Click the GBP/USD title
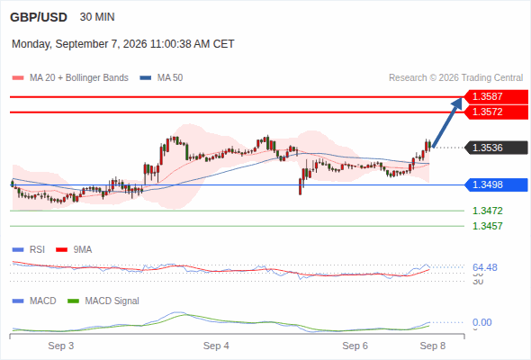(39, 17)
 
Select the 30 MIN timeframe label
(97, 17)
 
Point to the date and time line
(123, 44)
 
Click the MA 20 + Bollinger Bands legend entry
(70, 78)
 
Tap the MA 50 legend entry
(161, 78)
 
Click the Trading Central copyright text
(455, 78)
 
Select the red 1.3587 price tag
(496, 96)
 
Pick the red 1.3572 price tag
(496, 112)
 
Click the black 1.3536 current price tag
(496, 148)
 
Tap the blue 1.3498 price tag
(496, 184)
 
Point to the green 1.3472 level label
(488, 211)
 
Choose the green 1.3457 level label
(488, 226)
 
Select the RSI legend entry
(29, 250)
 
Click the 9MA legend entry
(74, 250)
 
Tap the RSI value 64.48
(485, 267)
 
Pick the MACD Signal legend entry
(103, 301)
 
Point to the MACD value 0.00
(482, 322)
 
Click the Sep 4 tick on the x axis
(216, 346)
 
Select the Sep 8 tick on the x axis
(433, 346)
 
